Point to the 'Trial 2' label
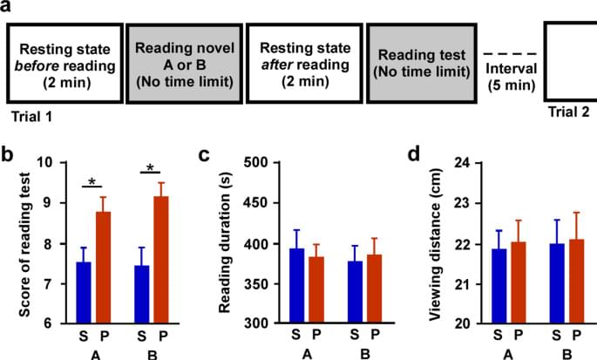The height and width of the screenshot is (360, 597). point(567,112)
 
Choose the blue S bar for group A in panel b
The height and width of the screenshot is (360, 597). point(83,292)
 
